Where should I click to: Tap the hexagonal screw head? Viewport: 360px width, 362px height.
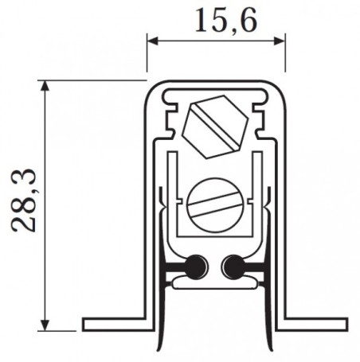pos(213,126)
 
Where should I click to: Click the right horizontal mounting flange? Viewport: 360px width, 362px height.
pos(314,325)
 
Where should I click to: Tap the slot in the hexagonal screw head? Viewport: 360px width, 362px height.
pos(213,126)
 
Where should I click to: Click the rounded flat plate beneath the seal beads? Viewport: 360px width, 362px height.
pos(213,278)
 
